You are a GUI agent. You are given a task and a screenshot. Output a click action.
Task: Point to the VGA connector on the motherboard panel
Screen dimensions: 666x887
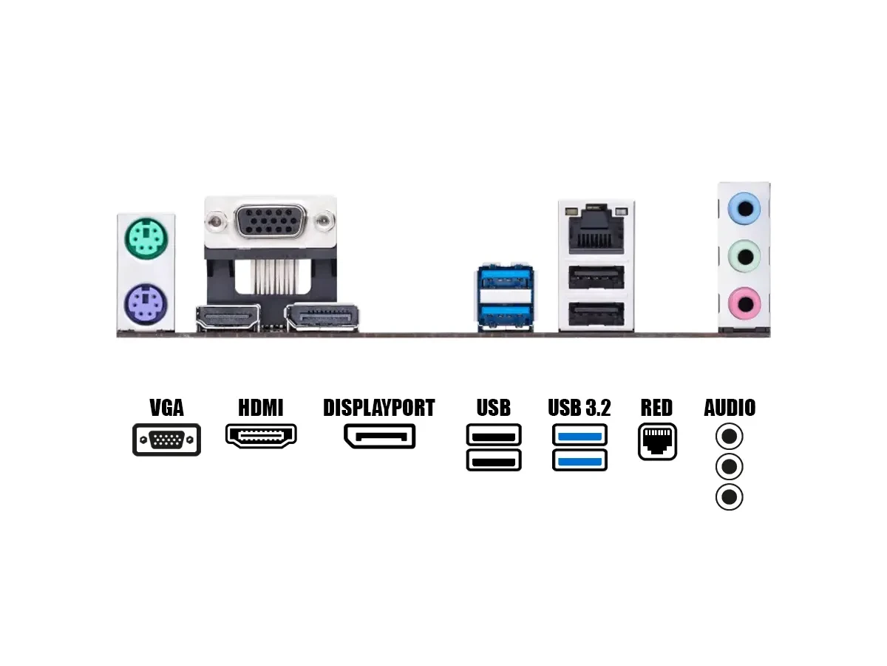pyautogui.click(x=270, y=221)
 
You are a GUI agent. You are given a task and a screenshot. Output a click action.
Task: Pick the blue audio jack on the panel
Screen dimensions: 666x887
pyautogui.click(x=744, y=209)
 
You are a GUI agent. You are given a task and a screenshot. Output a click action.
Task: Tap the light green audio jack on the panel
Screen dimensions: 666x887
pyautogui.click(x=744, y=257)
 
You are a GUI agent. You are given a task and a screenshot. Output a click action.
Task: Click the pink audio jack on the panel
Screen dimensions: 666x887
pyautogui.click(x=744, y=303)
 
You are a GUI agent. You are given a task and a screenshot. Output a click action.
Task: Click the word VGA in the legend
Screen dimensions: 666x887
pyautogui.click(x=166, y=408)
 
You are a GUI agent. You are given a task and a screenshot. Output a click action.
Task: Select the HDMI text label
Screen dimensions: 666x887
pyautogui.click(x=261, y=408)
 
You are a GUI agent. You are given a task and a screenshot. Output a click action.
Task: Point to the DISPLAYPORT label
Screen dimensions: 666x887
pyautogui.click(x=379, y=408)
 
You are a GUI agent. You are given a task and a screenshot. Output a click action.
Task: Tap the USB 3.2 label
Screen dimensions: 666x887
pyautogui.click(x=580, y=408)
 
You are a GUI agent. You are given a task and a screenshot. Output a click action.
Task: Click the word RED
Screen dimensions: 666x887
pyautogui.click(x=656, y=408)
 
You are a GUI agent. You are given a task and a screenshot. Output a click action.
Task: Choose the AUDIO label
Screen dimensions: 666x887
pyautogui.click(x=730, y=408)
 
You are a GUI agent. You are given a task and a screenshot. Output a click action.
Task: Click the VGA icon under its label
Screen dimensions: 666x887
pyautogui.click(x=166, y=440)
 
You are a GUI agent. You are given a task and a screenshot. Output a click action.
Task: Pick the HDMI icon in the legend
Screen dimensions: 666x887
pyautogui.click(x=261, y=437)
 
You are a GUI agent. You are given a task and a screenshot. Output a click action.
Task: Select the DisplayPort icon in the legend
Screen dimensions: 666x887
pyautogui.click(x=379, y=436)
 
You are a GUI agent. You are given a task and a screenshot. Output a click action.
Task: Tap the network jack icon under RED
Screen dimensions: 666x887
pyautogui.click(x=657, y=442)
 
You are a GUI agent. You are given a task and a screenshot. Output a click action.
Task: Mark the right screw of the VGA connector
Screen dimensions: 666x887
pyautogui.click(x=324, y=220)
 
